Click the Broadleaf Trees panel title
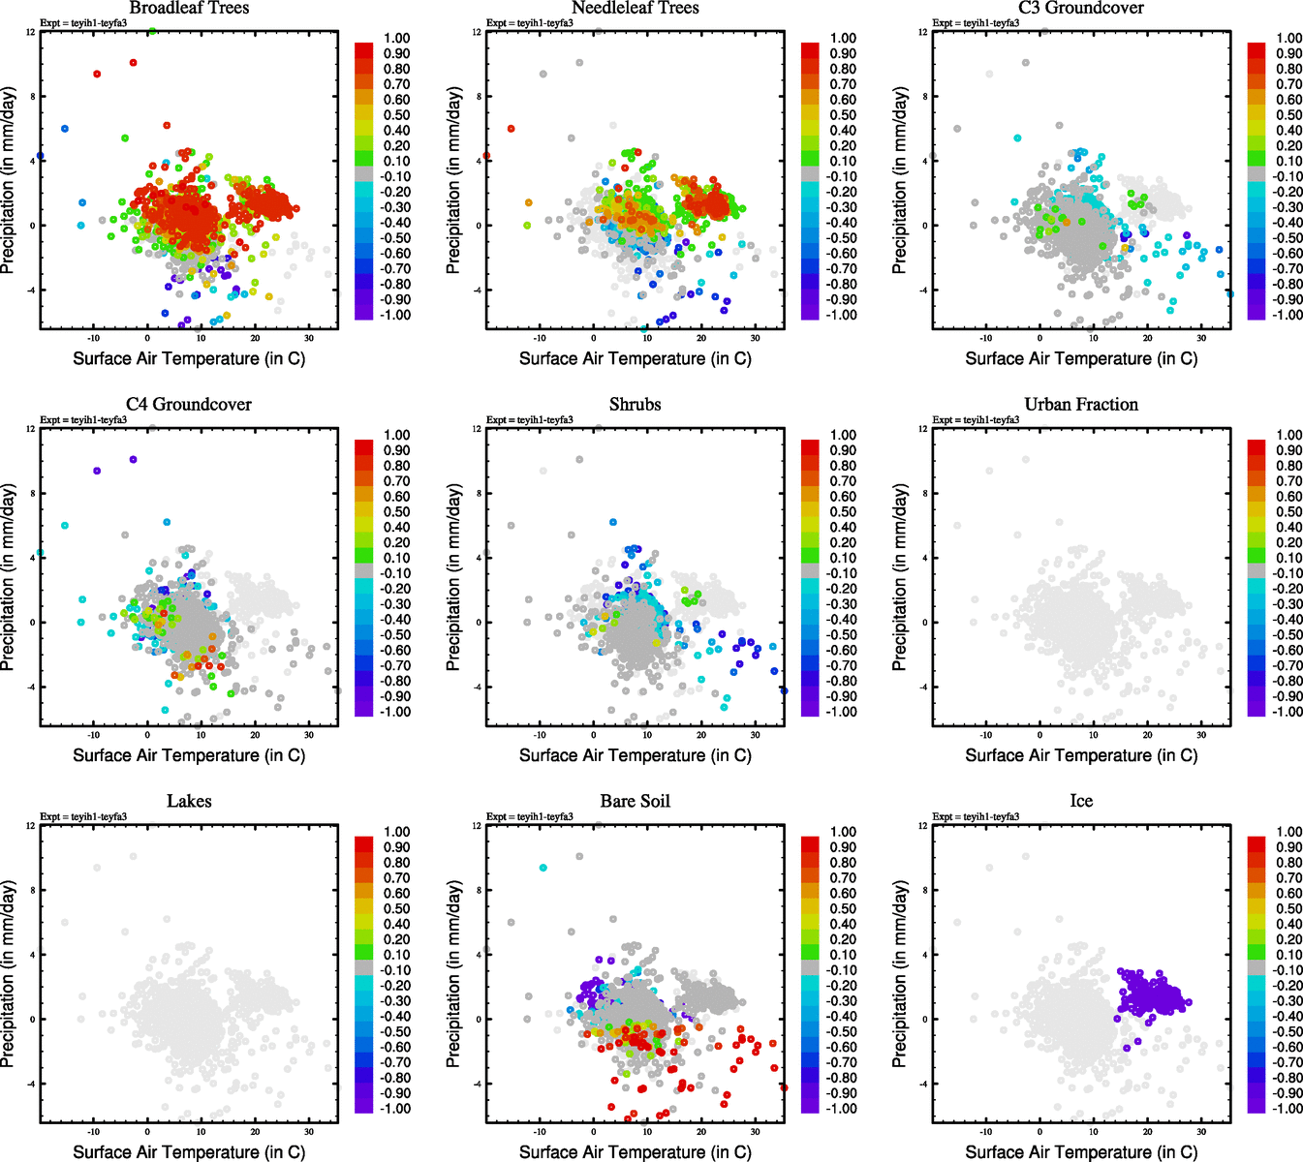(189, 9)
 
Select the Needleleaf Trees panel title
(635, 9)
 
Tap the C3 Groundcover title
(1081, 9)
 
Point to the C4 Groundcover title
(189, 405)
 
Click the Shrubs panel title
(635, 405)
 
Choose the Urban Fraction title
(1081, 405)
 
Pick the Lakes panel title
(189, 802)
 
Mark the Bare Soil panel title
(635, 802)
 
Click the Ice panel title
(1081, 802)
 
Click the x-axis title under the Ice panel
(1081, 1152)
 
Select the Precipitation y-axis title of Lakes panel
(9, 974)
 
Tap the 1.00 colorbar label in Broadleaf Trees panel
(397, 39)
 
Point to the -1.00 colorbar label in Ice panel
(1288, 1109)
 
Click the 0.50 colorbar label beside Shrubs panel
(843, 512)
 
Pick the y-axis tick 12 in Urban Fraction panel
(922, 429)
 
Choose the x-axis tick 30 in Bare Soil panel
(756, 1131)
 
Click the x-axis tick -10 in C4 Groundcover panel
(94, 734)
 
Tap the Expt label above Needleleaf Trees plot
(529, 23)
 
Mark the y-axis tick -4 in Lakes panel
(31, 1084)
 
